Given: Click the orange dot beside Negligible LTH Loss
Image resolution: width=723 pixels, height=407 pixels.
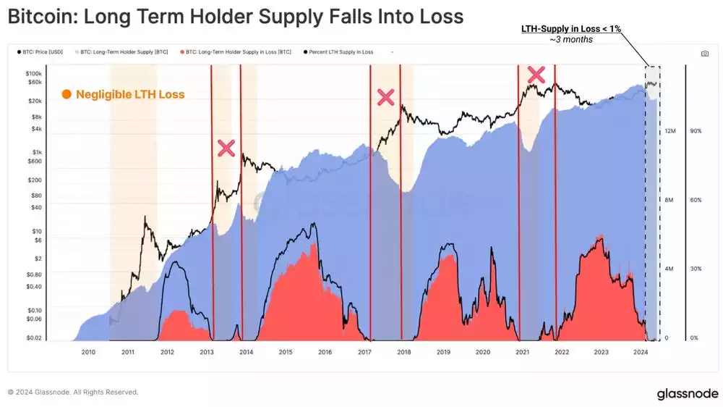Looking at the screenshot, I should point(67,94).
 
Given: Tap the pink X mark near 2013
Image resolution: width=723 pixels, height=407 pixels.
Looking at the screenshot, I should point(226,148).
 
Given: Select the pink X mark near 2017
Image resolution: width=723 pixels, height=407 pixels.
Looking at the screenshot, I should point(386,98).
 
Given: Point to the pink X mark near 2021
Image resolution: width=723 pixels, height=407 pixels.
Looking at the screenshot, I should point(536,74).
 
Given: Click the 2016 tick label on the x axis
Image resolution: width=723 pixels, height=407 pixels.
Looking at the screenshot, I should point(325,352).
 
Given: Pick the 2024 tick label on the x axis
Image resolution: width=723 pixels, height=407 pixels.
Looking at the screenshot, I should point(640,352).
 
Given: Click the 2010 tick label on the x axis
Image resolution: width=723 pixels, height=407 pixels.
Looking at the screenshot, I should point(88,352).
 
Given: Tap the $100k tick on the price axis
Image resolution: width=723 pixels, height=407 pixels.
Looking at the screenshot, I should point(33,74).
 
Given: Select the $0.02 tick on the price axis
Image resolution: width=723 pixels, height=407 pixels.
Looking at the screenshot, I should point(33,338).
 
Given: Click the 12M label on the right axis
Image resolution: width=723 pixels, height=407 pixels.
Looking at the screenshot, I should point(669,131).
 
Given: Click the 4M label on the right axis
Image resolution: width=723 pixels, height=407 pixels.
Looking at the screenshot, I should point(669,269).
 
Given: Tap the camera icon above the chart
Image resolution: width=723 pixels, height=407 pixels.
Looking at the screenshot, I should point(704,54).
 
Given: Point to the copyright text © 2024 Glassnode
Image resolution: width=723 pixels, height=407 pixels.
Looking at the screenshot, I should point(72,392).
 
